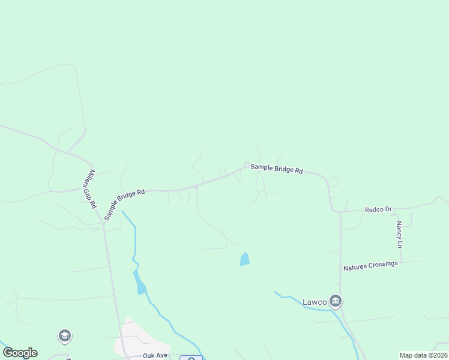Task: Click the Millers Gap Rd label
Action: coord(90,188)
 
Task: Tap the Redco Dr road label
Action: coord(378,209)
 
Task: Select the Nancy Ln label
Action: coord(399,235)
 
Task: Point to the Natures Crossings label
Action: coord(370,266)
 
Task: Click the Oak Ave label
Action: coord(155,355)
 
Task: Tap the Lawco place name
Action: coord(314,301)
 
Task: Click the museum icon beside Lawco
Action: coord(335,301)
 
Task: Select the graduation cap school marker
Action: coord(65,336)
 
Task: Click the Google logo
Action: coord(20,353)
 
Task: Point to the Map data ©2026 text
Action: coord(423,355)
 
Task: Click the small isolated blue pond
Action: coord(245,259)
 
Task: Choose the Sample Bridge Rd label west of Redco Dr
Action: coord(276,169)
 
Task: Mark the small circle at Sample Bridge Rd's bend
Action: coord(247,165)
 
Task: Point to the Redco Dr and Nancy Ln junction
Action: coord(401,209)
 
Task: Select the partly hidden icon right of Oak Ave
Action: coord(191,358)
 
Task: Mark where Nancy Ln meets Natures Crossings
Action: coord(401,262)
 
